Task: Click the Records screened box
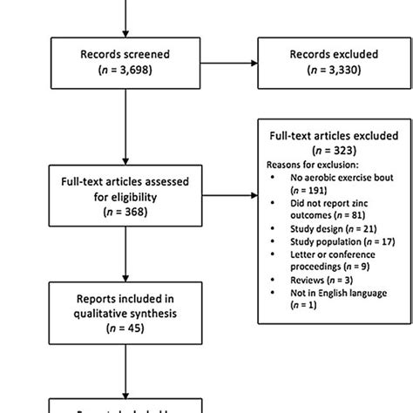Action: [x=126, y=63]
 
